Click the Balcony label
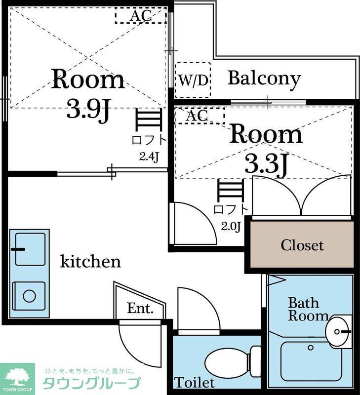click(264, 79)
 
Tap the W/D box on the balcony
click(193, 80)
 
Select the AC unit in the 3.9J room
click(141, 15)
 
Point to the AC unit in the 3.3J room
click(199, 116)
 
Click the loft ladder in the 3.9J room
click(148, 119)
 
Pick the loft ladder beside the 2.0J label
click(231, 191)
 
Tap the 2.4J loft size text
click(149, 157)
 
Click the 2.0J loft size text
click(231, 227)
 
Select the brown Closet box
click(302, 244)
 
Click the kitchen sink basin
click(31, 249)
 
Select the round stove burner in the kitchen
click(29, 296)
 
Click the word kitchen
click(90, 262)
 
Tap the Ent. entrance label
click(140, 308)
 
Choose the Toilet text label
click(195, 383)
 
